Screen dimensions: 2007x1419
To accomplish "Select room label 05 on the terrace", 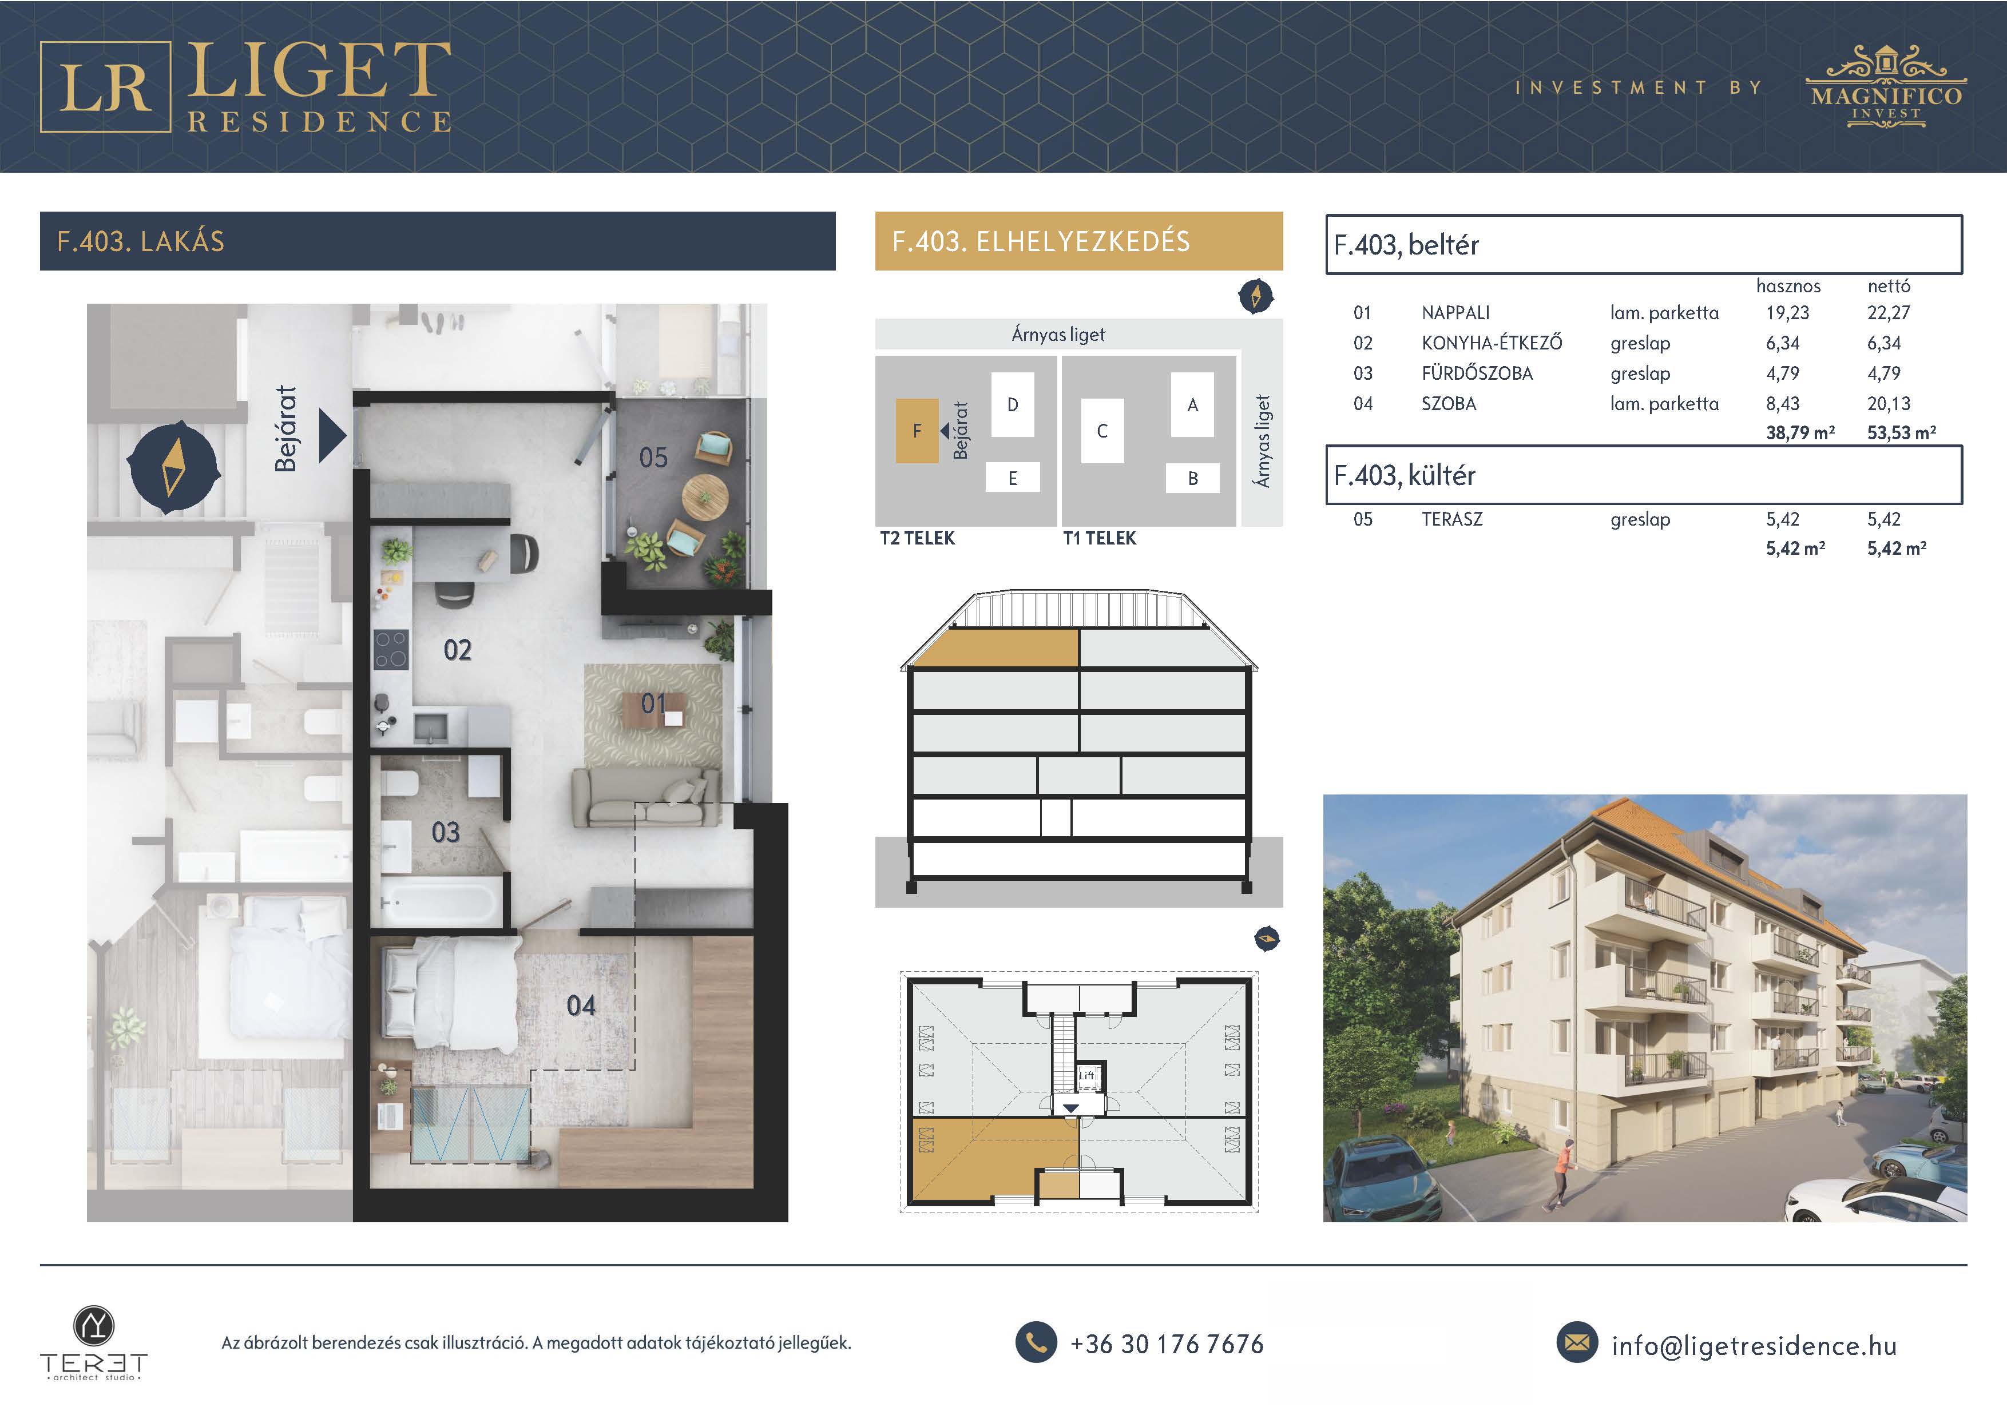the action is (653, 458).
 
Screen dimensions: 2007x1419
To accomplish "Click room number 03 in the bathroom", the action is (446, 832).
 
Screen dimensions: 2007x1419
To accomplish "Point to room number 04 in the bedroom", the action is (581, 1005).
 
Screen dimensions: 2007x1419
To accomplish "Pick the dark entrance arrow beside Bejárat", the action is (332, 435).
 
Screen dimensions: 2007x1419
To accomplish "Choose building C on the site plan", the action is (1102, 431).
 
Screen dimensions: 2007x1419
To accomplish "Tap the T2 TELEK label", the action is (918, 538).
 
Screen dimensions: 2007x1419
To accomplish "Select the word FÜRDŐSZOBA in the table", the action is (1477, 373).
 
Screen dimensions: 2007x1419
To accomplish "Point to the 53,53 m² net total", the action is (1901, 432).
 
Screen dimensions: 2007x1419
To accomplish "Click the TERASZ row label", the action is (1452, 519).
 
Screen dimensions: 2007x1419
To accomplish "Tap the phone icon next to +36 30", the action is (1036, 1343).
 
